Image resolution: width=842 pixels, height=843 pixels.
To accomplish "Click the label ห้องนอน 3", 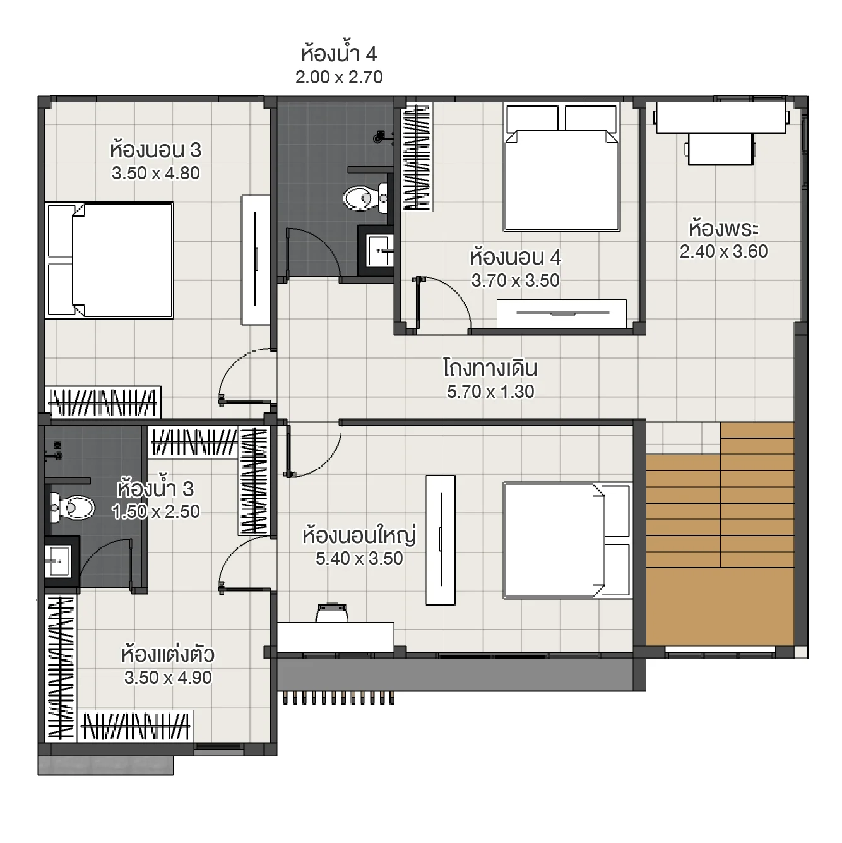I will tap(155, 150).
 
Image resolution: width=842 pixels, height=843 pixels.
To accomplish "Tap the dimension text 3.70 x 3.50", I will tap(515, 280).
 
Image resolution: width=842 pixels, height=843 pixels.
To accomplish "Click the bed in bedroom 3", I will tap(110, 260).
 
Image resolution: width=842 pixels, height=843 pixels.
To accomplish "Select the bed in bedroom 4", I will tap(561, 169).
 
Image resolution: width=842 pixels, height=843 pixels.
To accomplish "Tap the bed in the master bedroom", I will tap(567, 540).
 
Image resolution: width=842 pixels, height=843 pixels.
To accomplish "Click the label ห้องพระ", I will tap(723, 227).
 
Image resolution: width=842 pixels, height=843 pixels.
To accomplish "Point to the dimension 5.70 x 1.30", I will tap(490, 392).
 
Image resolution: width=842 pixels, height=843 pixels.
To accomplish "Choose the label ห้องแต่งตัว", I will tap(168, 654).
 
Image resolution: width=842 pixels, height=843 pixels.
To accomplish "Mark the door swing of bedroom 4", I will tap(445, 302).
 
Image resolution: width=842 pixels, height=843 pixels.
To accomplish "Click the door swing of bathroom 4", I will tap(312, 253).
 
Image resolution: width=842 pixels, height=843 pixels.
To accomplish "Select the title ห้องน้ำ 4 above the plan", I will tap(339, 53).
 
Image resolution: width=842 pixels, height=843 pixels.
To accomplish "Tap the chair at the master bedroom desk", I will tap(331, 613).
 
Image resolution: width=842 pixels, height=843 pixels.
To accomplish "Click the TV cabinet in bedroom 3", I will tap(256, 260).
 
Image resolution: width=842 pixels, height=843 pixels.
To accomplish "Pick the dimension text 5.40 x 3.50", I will tap(359, 558).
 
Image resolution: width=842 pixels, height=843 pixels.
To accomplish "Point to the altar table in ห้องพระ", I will tap(721, 119).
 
